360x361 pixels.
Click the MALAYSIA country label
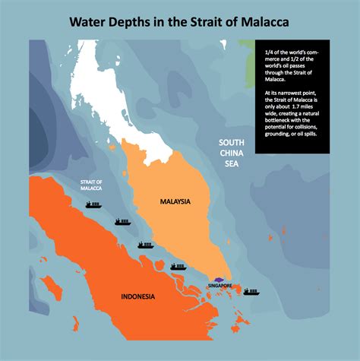(x=174, y=201)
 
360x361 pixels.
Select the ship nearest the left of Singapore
(x=178, y=266)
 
